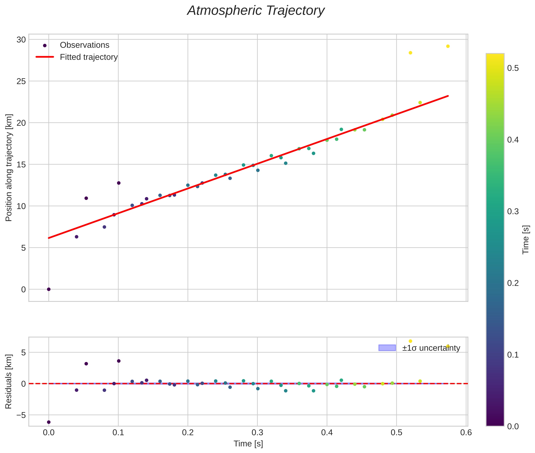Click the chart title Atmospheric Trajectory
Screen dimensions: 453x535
pyautogui.click(x=256, y=11)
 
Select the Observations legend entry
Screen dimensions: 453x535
pyautogui.click(x=84, y=45)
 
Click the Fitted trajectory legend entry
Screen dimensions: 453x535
pyautogui.click(x=89, y=57)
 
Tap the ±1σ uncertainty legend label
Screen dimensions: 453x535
pyautogui.click(x=431, y=348)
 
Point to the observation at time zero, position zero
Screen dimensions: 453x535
pyautogui.click(x=49, y=289)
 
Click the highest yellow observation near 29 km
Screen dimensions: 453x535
pyautogui.click(x=448, y=46)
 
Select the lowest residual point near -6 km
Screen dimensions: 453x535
pyautogui.click(x=49, y=422)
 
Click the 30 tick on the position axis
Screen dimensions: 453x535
pyautogui.click(x=21, y=40)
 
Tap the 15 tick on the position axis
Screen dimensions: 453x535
pyautogui.click(x=21, y=164)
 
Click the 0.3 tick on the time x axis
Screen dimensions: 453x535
pyautogui.click(x=257, y=432)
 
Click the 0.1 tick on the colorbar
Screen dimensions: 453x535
pyautogui.click(x=513, y=355)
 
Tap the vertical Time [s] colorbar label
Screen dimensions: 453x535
pyautogui.click(x=526, y=240)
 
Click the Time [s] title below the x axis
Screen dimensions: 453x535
pyautogui.click(x=248, y=444)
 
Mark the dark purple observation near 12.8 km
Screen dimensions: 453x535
pyautogui.click(x=119, y=183)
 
